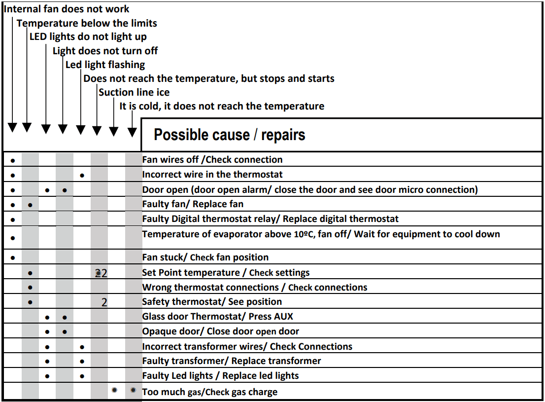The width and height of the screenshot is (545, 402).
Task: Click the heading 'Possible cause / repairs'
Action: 229,135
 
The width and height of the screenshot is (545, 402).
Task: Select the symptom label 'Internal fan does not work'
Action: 67,9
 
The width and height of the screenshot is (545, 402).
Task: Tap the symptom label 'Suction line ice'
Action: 134,92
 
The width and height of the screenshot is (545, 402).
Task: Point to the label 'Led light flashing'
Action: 105,65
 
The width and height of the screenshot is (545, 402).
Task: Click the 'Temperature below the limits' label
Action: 87,23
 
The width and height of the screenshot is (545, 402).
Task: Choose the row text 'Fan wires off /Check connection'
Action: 212,159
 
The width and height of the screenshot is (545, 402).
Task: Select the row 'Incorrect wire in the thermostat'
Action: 212,174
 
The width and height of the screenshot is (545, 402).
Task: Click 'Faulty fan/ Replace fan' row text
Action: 193,204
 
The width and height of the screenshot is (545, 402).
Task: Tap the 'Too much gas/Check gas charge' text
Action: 209,392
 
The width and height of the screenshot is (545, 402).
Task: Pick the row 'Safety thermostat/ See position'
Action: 212,301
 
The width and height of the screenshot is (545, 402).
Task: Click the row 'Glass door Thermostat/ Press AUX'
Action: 218,316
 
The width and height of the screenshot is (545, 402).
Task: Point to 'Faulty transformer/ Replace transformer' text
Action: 232,361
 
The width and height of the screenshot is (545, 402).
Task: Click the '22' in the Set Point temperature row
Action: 101,273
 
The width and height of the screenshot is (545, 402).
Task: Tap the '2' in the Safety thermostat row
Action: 104,302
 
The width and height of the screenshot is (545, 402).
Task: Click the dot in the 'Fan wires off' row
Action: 13,160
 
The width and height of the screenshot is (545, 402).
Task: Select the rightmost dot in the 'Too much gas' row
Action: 133,390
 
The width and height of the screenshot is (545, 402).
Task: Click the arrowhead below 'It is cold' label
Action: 132,132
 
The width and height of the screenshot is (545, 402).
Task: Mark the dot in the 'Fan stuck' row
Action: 13,257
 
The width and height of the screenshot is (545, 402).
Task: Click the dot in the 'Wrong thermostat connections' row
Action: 31,287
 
